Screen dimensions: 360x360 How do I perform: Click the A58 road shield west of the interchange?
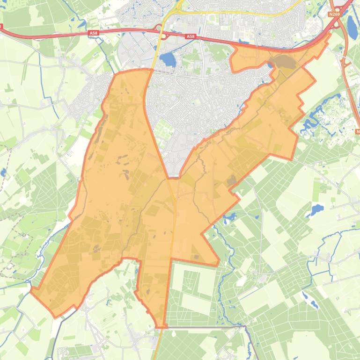[93, 33]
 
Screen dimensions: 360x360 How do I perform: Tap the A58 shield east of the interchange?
[190, 36]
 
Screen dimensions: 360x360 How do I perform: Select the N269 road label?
[334, 14]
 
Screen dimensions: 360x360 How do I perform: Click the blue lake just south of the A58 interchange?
[167, 59]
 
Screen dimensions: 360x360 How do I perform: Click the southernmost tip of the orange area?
[161, 326]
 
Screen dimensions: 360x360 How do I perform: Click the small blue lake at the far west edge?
[3, 173]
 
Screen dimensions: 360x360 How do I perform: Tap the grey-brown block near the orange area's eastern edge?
[231, 180]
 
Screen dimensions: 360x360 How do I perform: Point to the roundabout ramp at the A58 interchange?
[163, 35]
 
